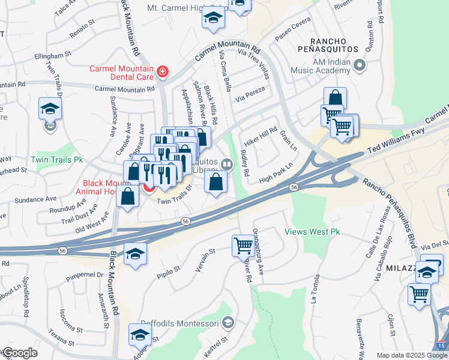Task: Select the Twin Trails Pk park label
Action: tap(57, 160)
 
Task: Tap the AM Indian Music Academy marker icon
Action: tap(360, 64)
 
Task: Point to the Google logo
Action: tap(19, 353)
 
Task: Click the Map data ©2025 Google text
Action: tap(412, 355)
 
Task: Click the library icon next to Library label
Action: tap(226, 164)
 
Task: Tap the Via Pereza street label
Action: tap(250, 97)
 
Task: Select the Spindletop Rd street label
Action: tap(26, 298)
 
